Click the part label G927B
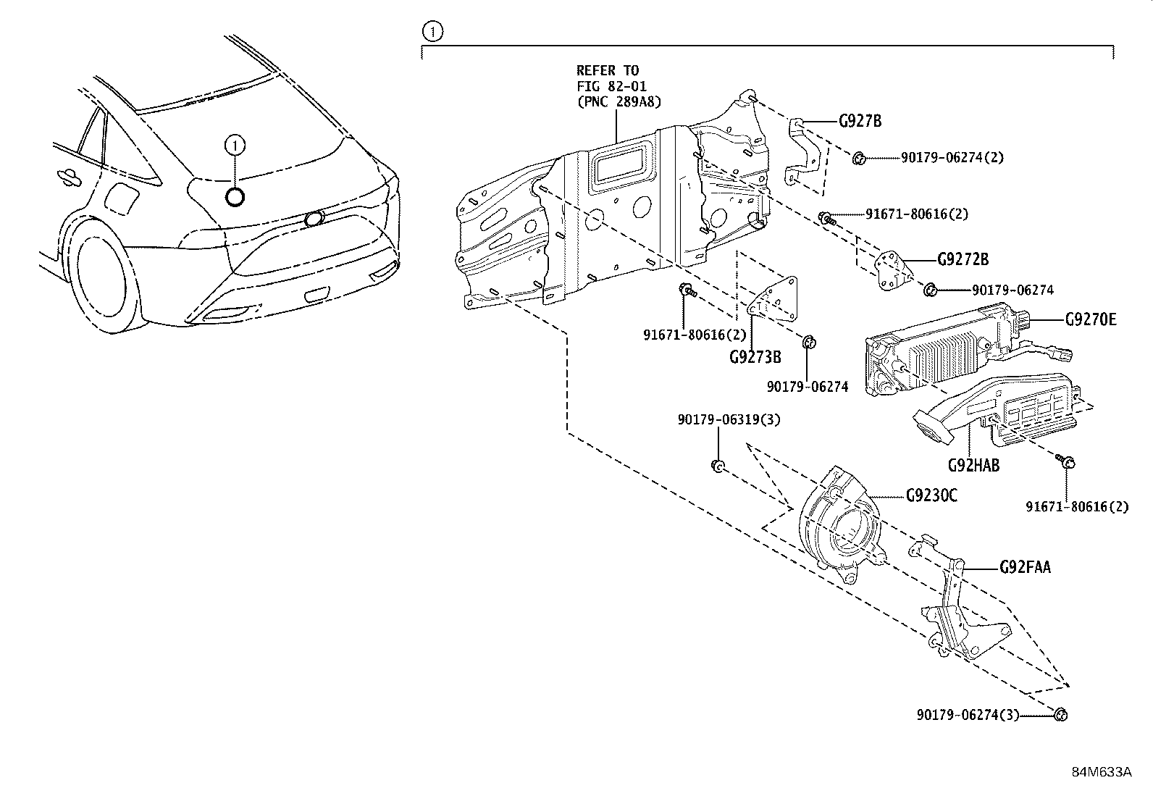pyautogui.click(x=860, y=121)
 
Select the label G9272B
pyautogui.click(x=963, y=259)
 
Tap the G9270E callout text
pyautogui.click(x=1090, y=319)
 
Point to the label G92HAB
pyautogui.click(x=973, y=466)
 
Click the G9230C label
pyautogui.click(x=931, y=495)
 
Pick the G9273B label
pyautogui.click(x=755, y=357)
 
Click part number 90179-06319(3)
pyautogui.click(x=729, y=420)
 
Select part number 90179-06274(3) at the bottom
pyautogui.click(x=967, y=715)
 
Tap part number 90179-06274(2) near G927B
pyautogui.click(x=952, y=157)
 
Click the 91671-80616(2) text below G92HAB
pyautogui.click(x=1076, y=507)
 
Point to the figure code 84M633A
pyautogui.click(x=1102, y=772)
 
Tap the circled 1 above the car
pyautogui.click(x=235, y=146)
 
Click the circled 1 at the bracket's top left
pyautogui.click(x=432, y=31)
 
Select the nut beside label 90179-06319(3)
pyautogui.click(x=716, y=466)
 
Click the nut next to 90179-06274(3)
pyautogui.click(x=1060, y=715)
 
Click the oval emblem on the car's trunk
pyautogui.click(x=314, y=218)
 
